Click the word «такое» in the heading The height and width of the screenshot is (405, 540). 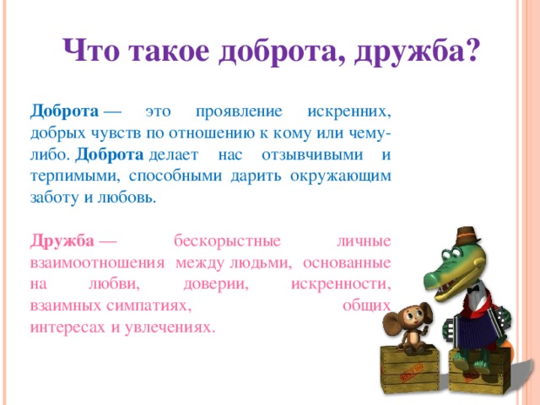(x=170, y=51)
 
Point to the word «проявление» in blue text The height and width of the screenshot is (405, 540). (x=239, y=112)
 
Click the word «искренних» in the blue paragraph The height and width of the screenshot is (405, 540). (x=349, y=112)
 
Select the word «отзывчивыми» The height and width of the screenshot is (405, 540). (x=312, y=154)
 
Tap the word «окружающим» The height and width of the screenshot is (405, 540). (x=341, y=176)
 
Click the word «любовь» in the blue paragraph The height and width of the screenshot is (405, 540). (x=127, y=197)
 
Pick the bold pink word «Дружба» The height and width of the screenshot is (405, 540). (x=62, y=241)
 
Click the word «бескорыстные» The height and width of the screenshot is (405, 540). (x=227, y=241)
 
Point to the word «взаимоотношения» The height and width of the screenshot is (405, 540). (x=98, y=263)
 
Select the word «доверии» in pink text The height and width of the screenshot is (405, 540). (x=216, y=284)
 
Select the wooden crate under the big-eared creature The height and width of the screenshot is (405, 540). (x=409, y=370)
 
